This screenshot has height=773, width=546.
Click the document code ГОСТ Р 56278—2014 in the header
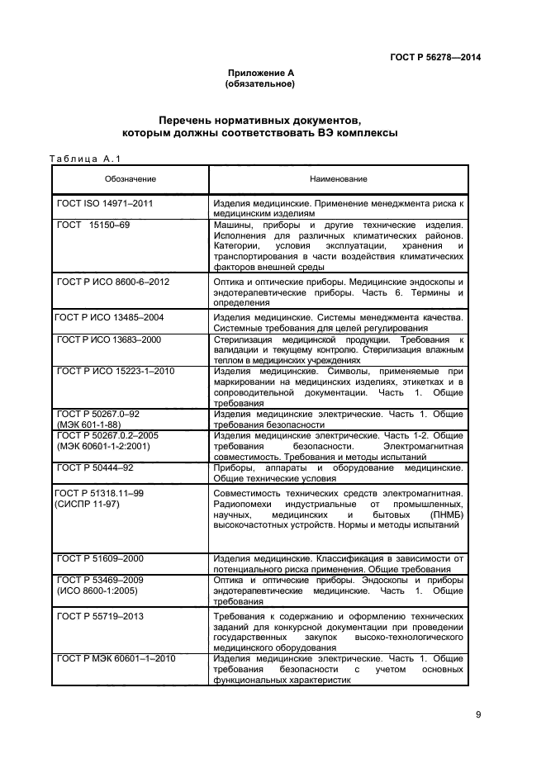[x=435, y=57]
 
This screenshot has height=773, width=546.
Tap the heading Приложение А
[x=260, y=74]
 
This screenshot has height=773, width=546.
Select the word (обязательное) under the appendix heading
[x=260, y=84]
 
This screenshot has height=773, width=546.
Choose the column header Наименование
[x=339, y=179]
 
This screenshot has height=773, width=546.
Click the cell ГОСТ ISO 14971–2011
[x=105, y=202]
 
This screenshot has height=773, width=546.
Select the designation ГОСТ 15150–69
[x=93, y=225]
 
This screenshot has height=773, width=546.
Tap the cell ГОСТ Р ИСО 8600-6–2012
[x=112, y=282]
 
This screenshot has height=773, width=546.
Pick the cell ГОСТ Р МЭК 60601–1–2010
[x=116, y=658]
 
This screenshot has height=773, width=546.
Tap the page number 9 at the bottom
[x=478, y=715]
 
